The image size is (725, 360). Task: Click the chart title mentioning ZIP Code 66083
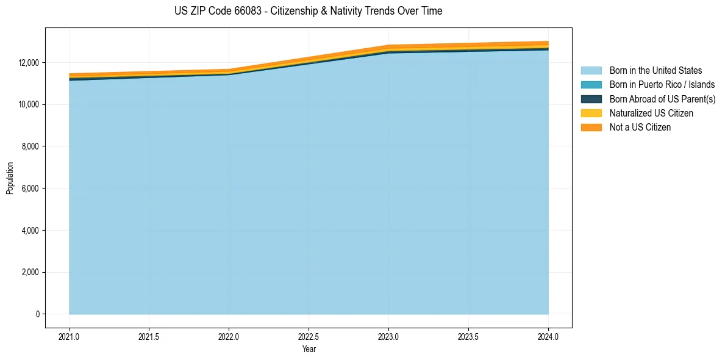tap(308, 11)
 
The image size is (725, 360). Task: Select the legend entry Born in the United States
tap(655, 71)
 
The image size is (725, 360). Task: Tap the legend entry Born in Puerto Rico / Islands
tap(662, 85)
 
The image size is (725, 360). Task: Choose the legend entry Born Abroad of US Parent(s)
tap(662, 99)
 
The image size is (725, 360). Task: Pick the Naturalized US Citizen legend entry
tap(651, 113)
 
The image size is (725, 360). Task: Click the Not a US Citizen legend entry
tap(640, 128)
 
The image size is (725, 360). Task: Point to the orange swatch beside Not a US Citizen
tap(591, 128)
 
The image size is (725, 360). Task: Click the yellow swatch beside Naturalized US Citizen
tap(591, 113)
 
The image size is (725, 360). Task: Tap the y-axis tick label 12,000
tap(29, 63)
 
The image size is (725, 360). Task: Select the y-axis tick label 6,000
tap(30, 189)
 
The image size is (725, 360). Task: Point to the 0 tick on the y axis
tap(37, 314)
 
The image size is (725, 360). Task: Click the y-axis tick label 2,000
tap(30, 272)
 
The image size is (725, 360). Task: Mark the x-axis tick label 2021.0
tap(70, 336)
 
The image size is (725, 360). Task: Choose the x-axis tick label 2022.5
tap(309, 336)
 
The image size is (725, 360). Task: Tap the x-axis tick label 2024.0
tap(548, 336)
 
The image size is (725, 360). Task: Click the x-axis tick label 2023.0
tap(388, 336)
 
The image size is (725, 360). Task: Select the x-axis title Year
tap(309, 349)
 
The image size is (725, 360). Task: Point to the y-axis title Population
tap(10, 178)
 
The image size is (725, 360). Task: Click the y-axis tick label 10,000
tap(29, 105)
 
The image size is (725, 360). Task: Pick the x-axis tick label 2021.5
tap(149, 336)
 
